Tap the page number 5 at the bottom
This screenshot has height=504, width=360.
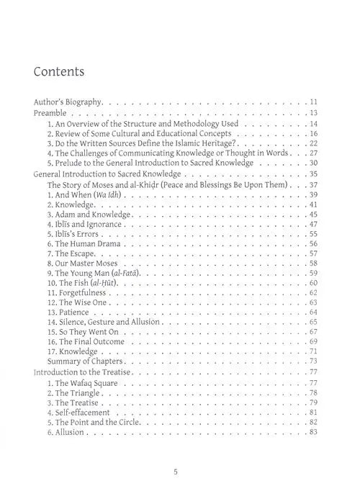click(x=176, y=472)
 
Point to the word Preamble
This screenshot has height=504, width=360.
click(x=55, y=114)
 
